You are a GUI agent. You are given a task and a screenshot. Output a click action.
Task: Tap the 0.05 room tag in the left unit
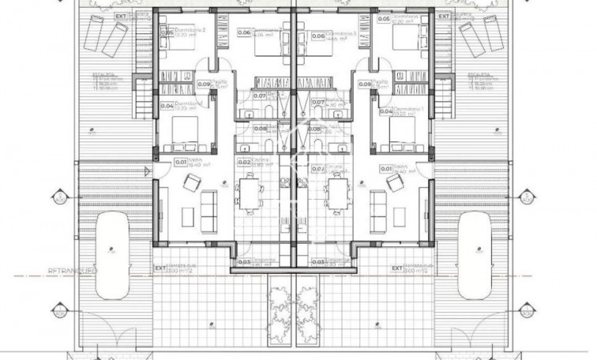pyautogui.click(x=167, y=32)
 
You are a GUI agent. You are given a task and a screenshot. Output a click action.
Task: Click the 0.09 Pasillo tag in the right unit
pyautogui.click(x=365, y=84)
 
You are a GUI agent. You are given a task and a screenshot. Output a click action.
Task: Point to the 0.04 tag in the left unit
pyautogui.click(x=167, y=105)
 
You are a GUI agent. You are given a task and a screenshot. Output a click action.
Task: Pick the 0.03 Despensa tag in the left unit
pyautogui.click(x=244, y=262)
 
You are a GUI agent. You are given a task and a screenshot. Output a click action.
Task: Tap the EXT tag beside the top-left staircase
pyautogui.click(x=121, y=15)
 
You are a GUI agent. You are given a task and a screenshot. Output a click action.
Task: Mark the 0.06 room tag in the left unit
pyautogui.click(x=244, y=33)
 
